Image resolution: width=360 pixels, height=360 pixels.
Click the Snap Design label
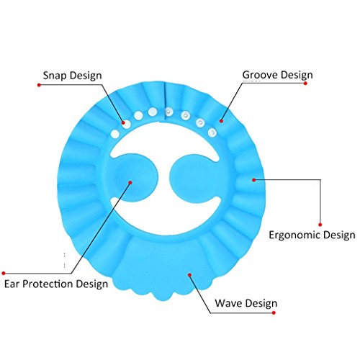click(73, 76)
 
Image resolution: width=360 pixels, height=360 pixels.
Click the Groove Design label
click(278, 76)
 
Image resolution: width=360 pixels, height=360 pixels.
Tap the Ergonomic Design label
click(312, 235)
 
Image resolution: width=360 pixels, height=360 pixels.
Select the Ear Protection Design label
click(56, 284)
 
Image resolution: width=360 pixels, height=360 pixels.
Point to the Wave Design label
click(246, 303)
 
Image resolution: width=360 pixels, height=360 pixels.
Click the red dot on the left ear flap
click(130, 183)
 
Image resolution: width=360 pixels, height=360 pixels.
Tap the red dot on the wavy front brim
click(189, 275)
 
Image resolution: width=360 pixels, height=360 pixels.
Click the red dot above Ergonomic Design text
click(320, 225)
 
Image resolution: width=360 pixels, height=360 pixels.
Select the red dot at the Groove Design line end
click(305, 84)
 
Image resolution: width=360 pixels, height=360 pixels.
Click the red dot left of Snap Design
click(39, 85)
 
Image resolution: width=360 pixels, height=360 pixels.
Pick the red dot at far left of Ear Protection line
click(4, 273)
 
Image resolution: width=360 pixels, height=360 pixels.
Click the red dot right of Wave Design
click(274, 312)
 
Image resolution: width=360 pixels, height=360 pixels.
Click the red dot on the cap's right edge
click(253, 180)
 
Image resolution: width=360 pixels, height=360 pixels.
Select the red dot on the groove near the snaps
click(221, 121)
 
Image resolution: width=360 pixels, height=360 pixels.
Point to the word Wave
click(228, 303)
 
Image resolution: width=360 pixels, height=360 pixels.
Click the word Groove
click(258, 75)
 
